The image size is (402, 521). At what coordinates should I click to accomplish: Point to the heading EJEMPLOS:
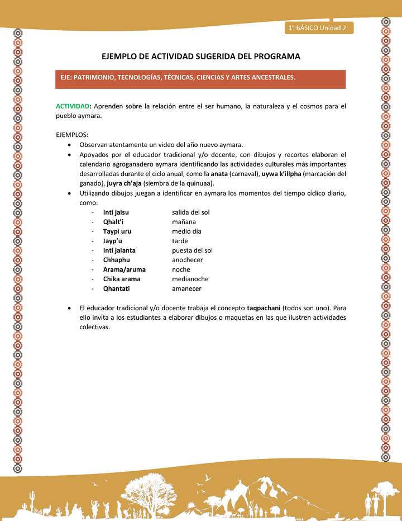[72, 135]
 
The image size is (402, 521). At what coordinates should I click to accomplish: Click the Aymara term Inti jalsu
[116, 212]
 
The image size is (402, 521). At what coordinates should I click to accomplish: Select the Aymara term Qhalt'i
[113, 222]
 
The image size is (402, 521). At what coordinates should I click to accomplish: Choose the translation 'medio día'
[186, 231]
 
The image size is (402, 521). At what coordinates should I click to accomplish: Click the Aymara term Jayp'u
[113, 241]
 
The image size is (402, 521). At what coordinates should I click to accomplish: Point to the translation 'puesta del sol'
[192, 250]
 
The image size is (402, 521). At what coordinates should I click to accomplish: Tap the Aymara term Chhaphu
[117, 260]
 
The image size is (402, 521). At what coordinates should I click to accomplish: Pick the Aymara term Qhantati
[117, 288]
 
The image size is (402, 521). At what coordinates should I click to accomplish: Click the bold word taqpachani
[264, 308]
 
